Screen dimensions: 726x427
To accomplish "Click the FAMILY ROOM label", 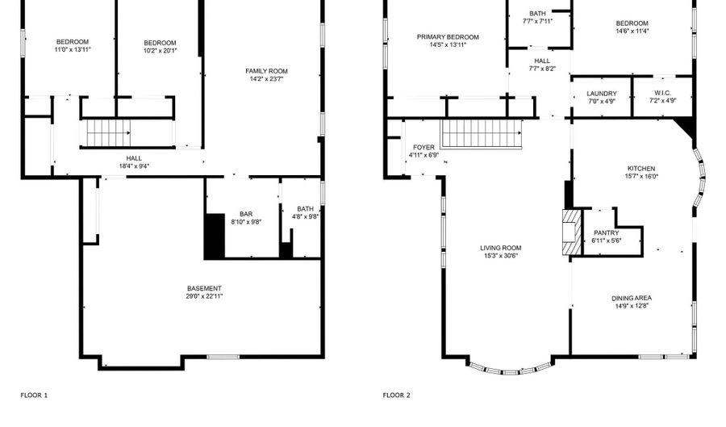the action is [266, 71].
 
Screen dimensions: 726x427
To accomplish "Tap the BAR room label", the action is [246, 214].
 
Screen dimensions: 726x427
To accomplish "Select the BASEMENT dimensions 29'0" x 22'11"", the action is [204, 296].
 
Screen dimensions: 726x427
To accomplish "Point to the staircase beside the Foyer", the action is [482, 133].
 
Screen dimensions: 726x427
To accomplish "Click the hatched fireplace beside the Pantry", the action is [572, 232].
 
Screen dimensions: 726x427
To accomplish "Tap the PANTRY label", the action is [606, 233].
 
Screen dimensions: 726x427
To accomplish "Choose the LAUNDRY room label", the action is [602, 94].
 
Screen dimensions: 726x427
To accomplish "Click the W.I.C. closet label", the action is [662, 93].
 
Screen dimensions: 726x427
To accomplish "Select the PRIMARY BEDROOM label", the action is [448, 37].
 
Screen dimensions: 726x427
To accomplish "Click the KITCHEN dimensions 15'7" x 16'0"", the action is [641, 177].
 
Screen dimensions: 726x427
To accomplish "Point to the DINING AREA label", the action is [632, 298].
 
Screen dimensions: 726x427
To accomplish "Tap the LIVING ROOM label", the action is [500, 248].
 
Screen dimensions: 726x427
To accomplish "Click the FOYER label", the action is [423, 147].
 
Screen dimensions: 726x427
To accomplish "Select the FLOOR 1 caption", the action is [34, 395].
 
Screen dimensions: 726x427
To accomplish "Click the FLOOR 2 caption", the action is [396, 395].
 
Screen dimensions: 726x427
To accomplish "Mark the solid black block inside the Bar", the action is [215, 237].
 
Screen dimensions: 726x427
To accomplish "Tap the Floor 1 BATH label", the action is [305, 209].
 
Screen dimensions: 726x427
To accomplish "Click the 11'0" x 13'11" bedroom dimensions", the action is [73, 49].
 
